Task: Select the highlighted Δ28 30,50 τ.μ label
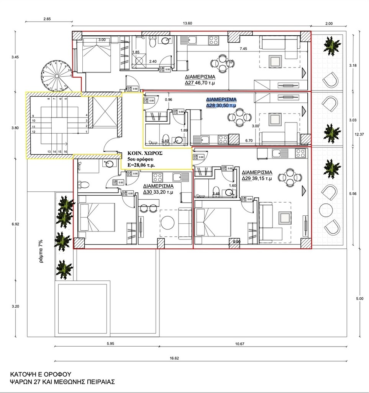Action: click(221, 102)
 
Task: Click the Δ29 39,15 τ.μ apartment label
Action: click(257, 175)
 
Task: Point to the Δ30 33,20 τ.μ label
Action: click(159, 189)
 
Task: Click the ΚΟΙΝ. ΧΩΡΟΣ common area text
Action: click(146, 152)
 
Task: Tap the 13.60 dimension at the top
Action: click(187, 23)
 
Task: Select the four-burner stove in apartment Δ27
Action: click(213, 40)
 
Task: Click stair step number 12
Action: click(34, 132)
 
